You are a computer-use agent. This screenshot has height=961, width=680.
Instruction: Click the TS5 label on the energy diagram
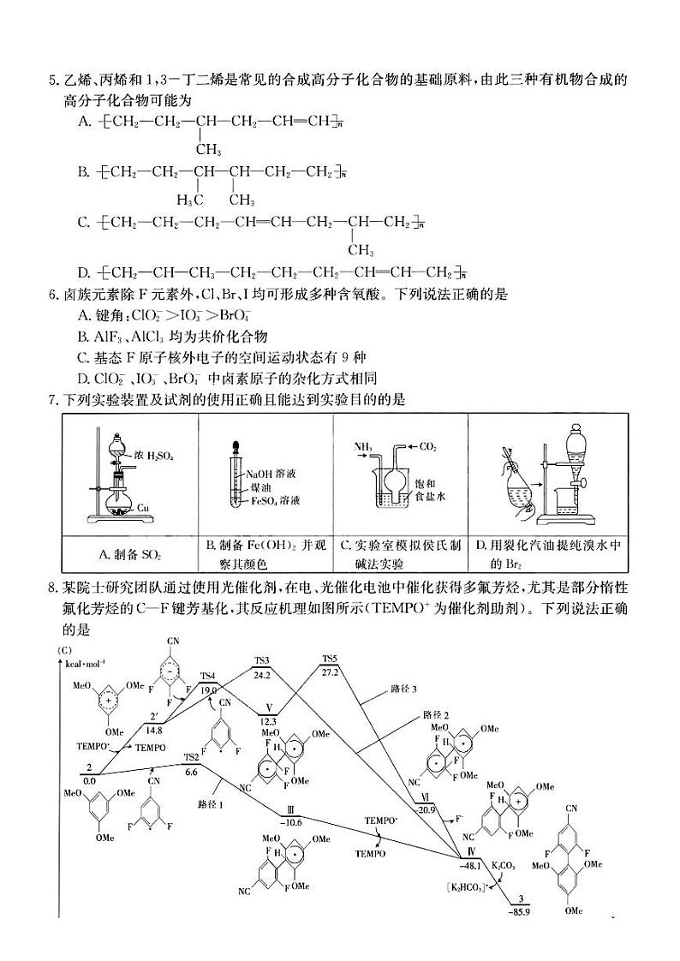click(x=330, y=659)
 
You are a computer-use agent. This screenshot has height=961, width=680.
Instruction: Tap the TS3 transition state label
click(x=262, y=660)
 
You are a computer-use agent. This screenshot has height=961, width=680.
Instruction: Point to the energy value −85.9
click(x=520, y=910)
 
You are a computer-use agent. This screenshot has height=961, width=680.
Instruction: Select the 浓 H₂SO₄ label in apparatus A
click(x=154, y=457)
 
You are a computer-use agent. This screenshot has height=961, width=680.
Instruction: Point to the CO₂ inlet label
click(x=428, y=446)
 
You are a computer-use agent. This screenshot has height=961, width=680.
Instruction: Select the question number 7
click(x=54, y=398)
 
